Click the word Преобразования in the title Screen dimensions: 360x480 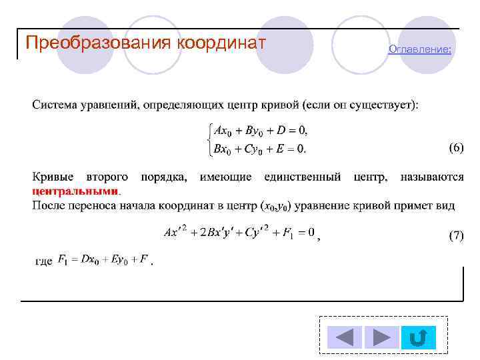click(x=99, y=43)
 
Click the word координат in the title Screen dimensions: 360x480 click(x=222, y=43)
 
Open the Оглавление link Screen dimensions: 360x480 click(x=419, y=49)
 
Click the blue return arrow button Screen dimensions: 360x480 click(x=419, y=338)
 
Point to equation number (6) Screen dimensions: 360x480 click(x=455, y=148)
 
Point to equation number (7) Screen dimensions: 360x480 click(x=455, y=235)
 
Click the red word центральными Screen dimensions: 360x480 click(x=76, y=191)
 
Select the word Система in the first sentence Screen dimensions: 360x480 click(x=55, y=105)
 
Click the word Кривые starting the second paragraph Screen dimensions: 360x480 click(x=53, y=177)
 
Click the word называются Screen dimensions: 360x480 click(x=431, y=177)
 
